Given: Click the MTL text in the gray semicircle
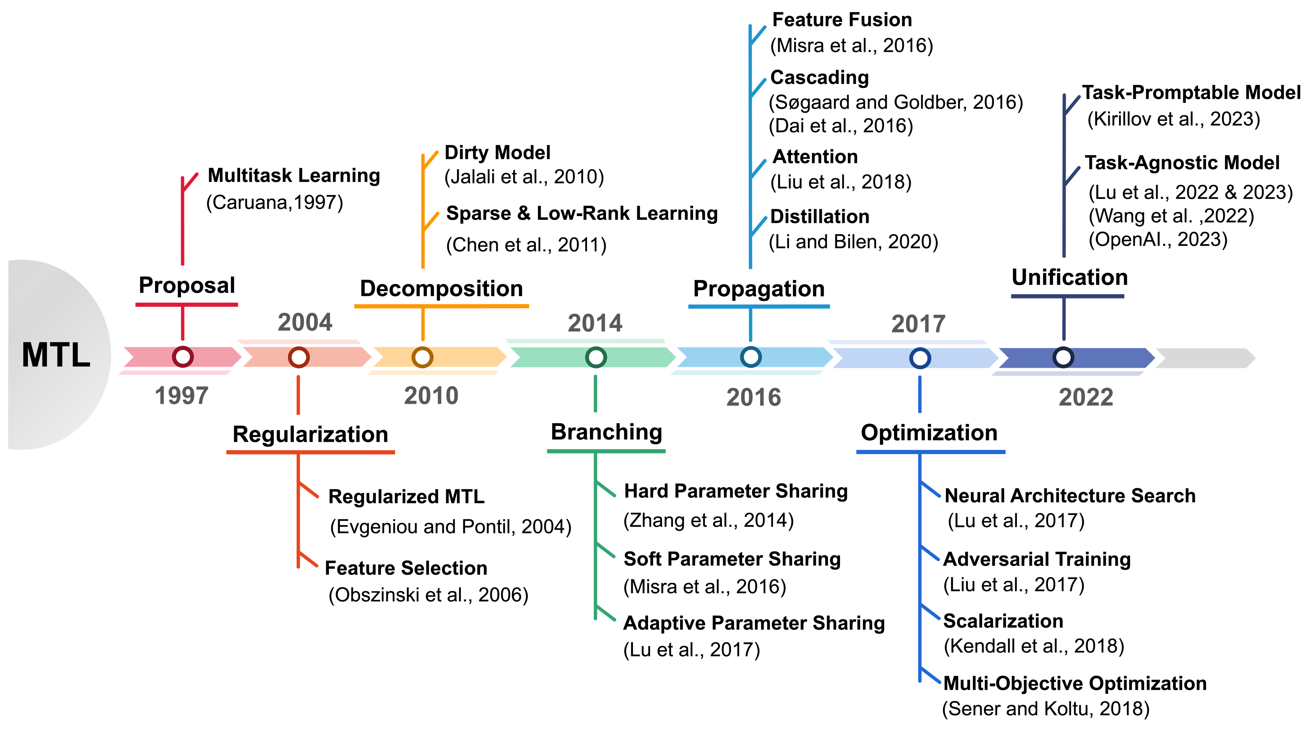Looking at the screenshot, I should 56,355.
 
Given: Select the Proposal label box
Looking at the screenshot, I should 187,285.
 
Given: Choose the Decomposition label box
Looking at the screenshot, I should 441,288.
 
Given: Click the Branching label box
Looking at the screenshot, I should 606,431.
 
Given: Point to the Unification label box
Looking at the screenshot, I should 1069,277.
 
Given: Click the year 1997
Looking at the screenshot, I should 182,395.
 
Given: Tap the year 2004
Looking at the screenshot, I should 305,322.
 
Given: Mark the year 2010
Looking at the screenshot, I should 431,395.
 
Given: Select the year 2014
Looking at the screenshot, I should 595,324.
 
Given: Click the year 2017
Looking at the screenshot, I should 918,324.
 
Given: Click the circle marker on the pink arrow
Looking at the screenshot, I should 183,357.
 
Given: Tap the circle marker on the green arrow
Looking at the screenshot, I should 596,357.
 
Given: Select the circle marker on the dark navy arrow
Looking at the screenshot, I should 1063,357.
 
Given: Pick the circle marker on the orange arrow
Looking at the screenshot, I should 422,357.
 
